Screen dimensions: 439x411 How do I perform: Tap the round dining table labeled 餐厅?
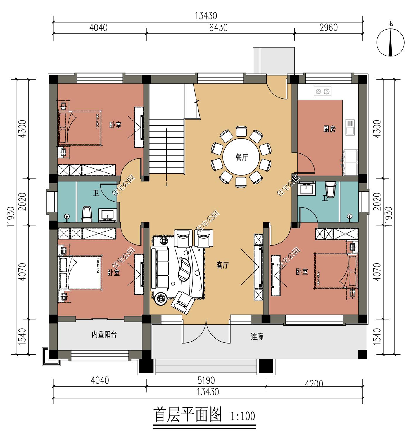point(241,157)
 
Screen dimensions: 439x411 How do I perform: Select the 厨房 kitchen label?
point(329,129)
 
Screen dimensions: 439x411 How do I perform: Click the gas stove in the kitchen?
point(322,91)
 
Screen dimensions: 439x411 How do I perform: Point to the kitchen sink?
point(350,127)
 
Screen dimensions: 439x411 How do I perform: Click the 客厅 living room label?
point(222,265)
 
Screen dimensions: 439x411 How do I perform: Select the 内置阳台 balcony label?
point(104,335)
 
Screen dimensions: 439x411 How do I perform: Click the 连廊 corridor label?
point(257,337)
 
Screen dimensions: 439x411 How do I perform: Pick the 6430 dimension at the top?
point(218,28)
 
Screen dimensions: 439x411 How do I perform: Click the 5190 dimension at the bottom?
point(206,380)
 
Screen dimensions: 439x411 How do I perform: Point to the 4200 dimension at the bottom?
point(314,383)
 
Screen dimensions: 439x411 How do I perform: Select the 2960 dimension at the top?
point(329,28)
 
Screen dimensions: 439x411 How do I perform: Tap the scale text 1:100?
point(243,416)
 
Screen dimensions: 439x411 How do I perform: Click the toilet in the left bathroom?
point(87,214)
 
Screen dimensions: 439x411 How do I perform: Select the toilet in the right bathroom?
point(331,189)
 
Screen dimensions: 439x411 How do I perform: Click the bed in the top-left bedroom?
point(80,128)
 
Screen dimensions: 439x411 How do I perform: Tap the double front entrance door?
point(206,331)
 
